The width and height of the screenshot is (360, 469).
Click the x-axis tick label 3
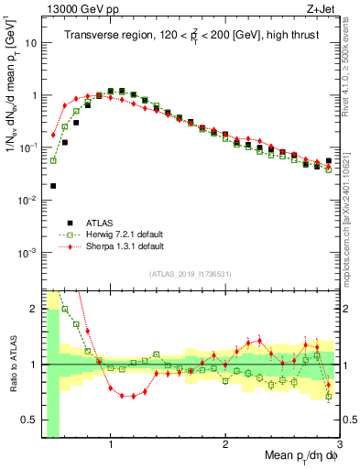tap(340, 444)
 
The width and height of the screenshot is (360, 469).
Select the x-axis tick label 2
tap(225, 444)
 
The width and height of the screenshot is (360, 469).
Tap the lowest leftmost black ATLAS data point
tap(53, 186)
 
